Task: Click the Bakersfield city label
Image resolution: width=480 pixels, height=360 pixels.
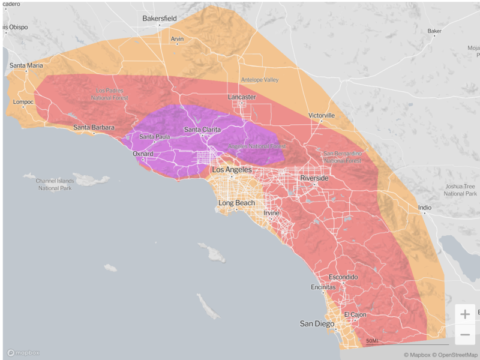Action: pos(160,19)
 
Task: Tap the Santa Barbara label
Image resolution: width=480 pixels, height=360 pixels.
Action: pos(94,127)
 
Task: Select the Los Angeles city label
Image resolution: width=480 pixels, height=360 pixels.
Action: pos(232,170)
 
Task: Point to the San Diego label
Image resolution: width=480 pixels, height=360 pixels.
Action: pos(317,324)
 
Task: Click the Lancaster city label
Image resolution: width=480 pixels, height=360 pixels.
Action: pos(242,97)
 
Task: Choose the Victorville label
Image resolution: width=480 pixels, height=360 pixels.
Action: pos(322,115)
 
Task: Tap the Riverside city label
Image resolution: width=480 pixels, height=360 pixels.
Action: pos(314,178)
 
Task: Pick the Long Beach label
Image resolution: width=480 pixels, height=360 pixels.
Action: pos(236,203)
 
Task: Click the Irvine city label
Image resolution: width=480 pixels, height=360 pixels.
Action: pos(272,214)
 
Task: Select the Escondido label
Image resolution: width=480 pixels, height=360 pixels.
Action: pos(343,277)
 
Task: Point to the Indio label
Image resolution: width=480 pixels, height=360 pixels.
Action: pos(425,208)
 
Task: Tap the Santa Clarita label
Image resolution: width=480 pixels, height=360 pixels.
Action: pos(202,130)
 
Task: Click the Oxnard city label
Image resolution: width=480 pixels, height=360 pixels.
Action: pos(143,154)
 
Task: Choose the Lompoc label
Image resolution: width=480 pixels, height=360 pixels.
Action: pos(23,102)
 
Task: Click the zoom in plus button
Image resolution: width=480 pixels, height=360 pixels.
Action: pos(465,314)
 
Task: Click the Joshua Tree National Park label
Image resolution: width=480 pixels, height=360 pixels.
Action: pos(460,190)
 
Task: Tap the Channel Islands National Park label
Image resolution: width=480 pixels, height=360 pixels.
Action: pos(54,184)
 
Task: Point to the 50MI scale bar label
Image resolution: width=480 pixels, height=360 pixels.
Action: pos(372,341)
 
